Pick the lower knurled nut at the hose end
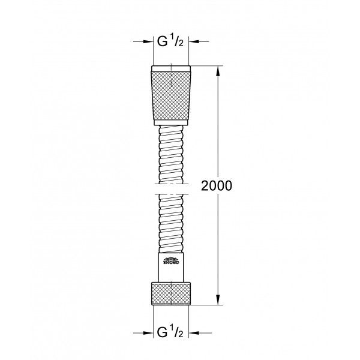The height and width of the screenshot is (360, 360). pyautogui.click(x=172, y=292)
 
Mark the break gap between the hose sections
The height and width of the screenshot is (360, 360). pyautogui.click(x=172, y=190)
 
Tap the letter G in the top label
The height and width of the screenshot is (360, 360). pyautogui.click(x=161, y=42)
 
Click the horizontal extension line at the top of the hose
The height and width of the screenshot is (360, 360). pyautogui.click(x=207, y=64)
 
